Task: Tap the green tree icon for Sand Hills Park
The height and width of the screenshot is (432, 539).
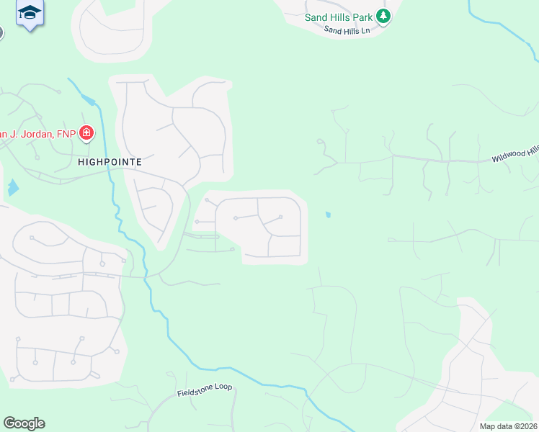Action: click(384, 16)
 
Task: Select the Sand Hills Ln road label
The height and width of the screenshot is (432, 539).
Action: click(347, 30)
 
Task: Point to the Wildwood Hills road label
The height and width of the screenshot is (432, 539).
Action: click(515, 153)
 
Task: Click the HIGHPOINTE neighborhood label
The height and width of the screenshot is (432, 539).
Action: click(110, 162)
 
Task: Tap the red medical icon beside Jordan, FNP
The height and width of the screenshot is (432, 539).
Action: click(86, 132)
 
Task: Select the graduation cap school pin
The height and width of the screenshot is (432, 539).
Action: click(30, 13)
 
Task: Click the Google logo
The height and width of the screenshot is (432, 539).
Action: click(24, 423)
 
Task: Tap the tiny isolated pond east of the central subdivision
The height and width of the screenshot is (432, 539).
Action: click(329, 215)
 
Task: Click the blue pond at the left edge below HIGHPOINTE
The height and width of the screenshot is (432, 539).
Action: click(13, 189)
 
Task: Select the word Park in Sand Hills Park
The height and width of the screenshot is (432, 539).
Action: click(362, 17)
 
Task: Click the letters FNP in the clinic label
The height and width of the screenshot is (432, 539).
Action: click(66, 133)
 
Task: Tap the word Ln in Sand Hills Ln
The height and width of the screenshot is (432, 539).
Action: click(365, 32)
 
